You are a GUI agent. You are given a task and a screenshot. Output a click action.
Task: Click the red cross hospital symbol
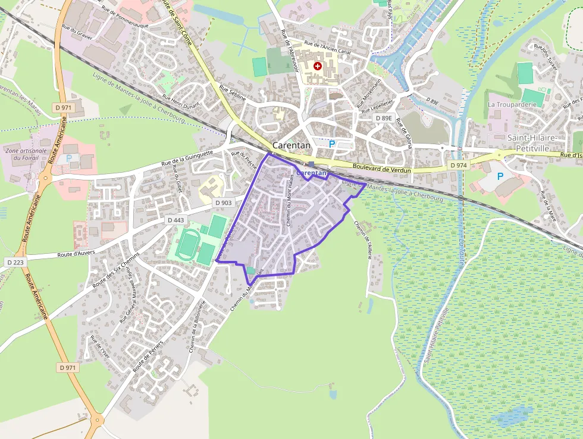coord(318,66)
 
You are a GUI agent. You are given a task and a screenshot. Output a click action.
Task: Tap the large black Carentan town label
coord(293,145)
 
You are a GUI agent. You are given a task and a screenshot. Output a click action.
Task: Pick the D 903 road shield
coord(224,203)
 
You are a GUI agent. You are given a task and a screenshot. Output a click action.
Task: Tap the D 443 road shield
coord(176,220)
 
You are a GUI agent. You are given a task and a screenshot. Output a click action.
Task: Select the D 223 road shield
coord(17,262)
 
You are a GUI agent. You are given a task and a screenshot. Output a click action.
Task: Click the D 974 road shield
coord(458,165)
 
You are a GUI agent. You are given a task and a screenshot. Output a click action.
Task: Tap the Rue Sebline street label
coord(233,92)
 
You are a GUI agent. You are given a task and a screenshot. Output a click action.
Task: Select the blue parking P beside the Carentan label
coord(332,144)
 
